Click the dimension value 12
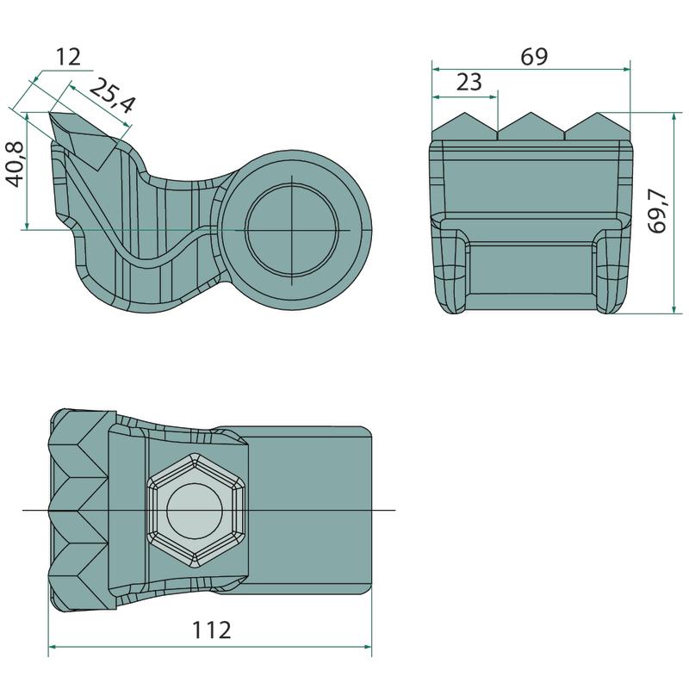[68, 58]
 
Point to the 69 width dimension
[534, 57]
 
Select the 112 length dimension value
[213, 630]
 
